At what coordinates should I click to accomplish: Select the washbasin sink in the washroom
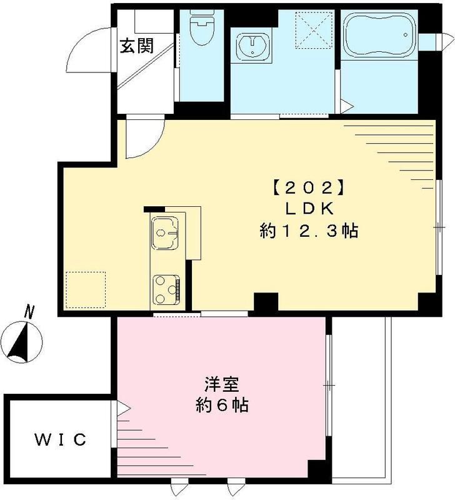[252, 46]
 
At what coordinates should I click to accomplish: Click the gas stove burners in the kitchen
[166, 287]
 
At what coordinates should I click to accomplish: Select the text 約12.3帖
[309, 231]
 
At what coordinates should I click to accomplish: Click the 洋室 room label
[221, 383]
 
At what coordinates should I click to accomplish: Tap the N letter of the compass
[27, 309]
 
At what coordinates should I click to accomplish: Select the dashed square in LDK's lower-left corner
[86, 289]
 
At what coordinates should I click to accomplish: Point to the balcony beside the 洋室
[361, 400]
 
